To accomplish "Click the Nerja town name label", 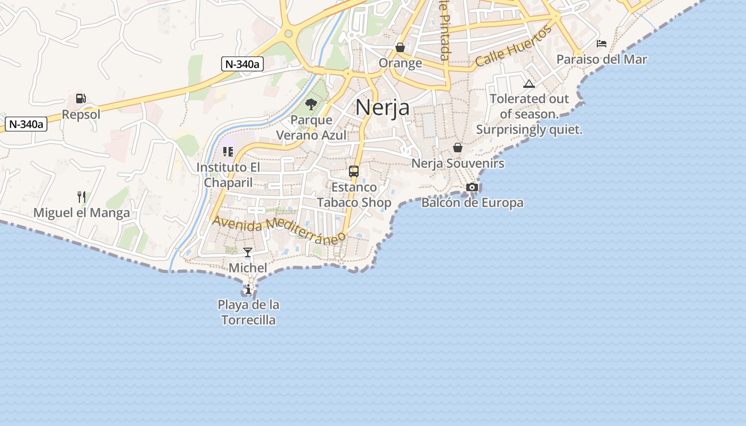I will point(382,108).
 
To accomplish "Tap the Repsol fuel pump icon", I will point(80,99).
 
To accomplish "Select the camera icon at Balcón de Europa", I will point(472,187).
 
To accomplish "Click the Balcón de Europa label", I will point(472,203).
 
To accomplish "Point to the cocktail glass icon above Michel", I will point(248,252).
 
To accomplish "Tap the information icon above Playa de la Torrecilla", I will point(248,289).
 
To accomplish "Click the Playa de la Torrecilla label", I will point(248,313).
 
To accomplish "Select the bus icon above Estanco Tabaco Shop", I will point(354,171).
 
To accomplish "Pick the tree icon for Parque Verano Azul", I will point(311,104).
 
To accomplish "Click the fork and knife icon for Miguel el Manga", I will point(82,197).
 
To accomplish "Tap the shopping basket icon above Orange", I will point(400,48).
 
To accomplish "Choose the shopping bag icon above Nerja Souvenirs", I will point(457,148).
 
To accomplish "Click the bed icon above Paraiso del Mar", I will point(602,44).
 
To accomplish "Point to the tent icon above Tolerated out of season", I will point(529,84).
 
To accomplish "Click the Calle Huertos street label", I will point(513,47).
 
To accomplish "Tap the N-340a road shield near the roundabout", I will point(242,64).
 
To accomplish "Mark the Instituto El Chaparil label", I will point(229,175).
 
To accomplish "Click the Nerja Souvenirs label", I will point(457,163).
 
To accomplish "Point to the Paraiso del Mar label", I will point(602,59).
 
